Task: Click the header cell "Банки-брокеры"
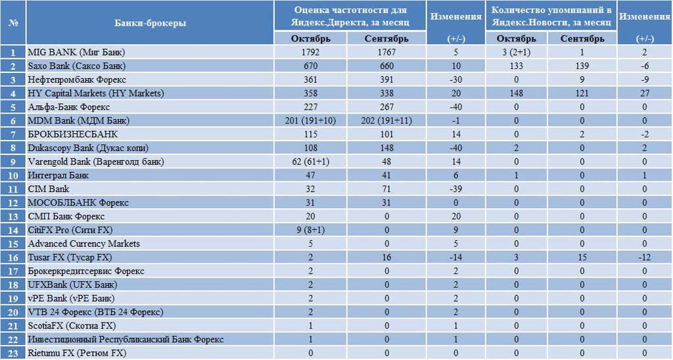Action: (151, 23)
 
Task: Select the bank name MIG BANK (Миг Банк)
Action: (76, 53)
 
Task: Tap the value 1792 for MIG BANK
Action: (310, 53)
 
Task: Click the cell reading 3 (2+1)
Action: (517, 53)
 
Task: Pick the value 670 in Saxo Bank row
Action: (310, 66)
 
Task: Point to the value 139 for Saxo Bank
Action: (582, 66)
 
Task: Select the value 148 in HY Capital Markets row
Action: (517, 93)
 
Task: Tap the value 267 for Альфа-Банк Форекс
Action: (386, 107)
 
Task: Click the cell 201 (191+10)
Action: (310, 121)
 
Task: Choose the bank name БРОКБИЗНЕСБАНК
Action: (72, 134)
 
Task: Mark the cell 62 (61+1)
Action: (310, 162)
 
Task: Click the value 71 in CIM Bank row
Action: (386, 189)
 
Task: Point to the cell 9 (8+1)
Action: (310, 230)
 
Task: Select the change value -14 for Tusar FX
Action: (456, 258)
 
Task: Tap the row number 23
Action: (13, 353)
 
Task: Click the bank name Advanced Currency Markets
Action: (83, 244)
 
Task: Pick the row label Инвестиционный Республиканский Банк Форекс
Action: (126, 340)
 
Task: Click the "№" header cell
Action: (13, 23)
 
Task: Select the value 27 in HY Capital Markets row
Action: (645, 93)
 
